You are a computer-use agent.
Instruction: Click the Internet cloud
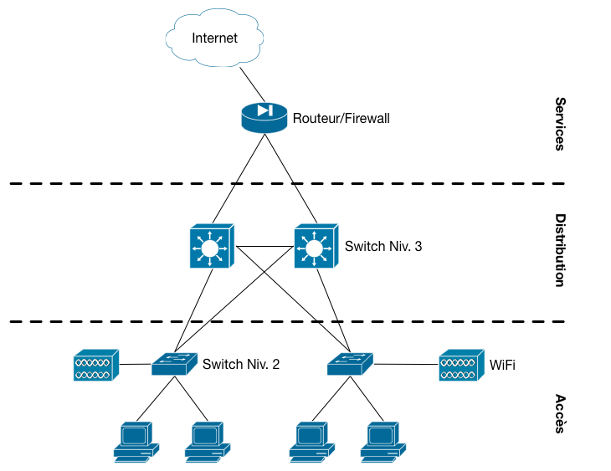coord(215,38)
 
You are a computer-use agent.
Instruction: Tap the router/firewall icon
coord(264,117)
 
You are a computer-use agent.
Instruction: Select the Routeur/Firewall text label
coord(341,119)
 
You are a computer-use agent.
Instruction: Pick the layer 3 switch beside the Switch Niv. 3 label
coord(316,247)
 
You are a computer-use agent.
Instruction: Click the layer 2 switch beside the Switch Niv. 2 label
coord(175,364)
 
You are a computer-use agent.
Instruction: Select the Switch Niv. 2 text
coord(241,364)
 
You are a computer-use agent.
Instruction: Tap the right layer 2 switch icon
coord(350,364)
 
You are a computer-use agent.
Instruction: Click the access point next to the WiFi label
coord(461,366)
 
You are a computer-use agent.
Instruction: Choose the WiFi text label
coord(502,365)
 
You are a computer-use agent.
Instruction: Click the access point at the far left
coord(96,366)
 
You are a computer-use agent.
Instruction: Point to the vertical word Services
coord(560,123)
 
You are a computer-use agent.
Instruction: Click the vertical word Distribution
coord(560,250)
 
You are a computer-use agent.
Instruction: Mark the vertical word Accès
coord(560,414)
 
